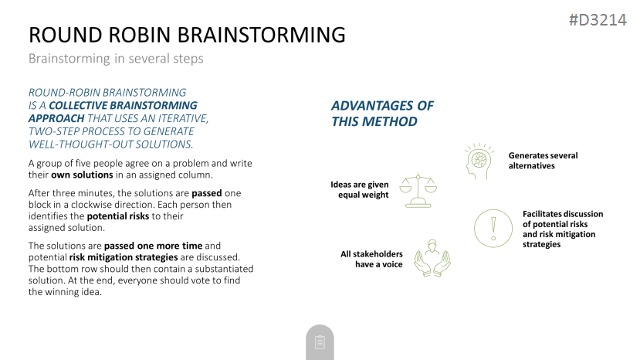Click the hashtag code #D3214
point(598,20)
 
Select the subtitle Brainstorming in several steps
point(116,59)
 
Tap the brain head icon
point(479,161)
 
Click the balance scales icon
point(418,190)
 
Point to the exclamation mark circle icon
point(493,229)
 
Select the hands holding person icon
point(432,259)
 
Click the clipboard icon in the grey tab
point(320,342)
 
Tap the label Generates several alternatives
point(543,161)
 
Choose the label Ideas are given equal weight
point(360,189)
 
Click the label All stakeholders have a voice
point(371,259)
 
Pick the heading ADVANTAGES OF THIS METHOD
point(382,114)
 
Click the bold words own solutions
point(82,175)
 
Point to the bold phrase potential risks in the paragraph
point(118,216)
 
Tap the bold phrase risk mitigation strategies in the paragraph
point(124,257)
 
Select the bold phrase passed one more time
point(154,246)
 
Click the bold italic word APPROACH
point(56,118)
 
